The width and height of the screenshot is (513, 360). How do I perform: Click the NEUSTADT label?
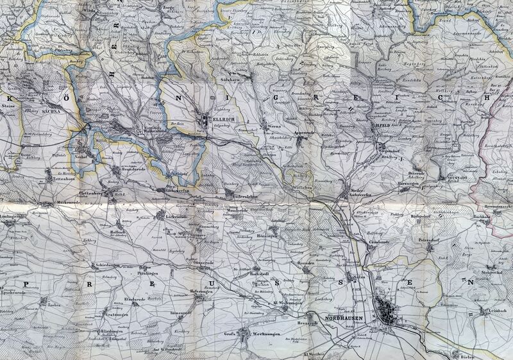tap(453, 178)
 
